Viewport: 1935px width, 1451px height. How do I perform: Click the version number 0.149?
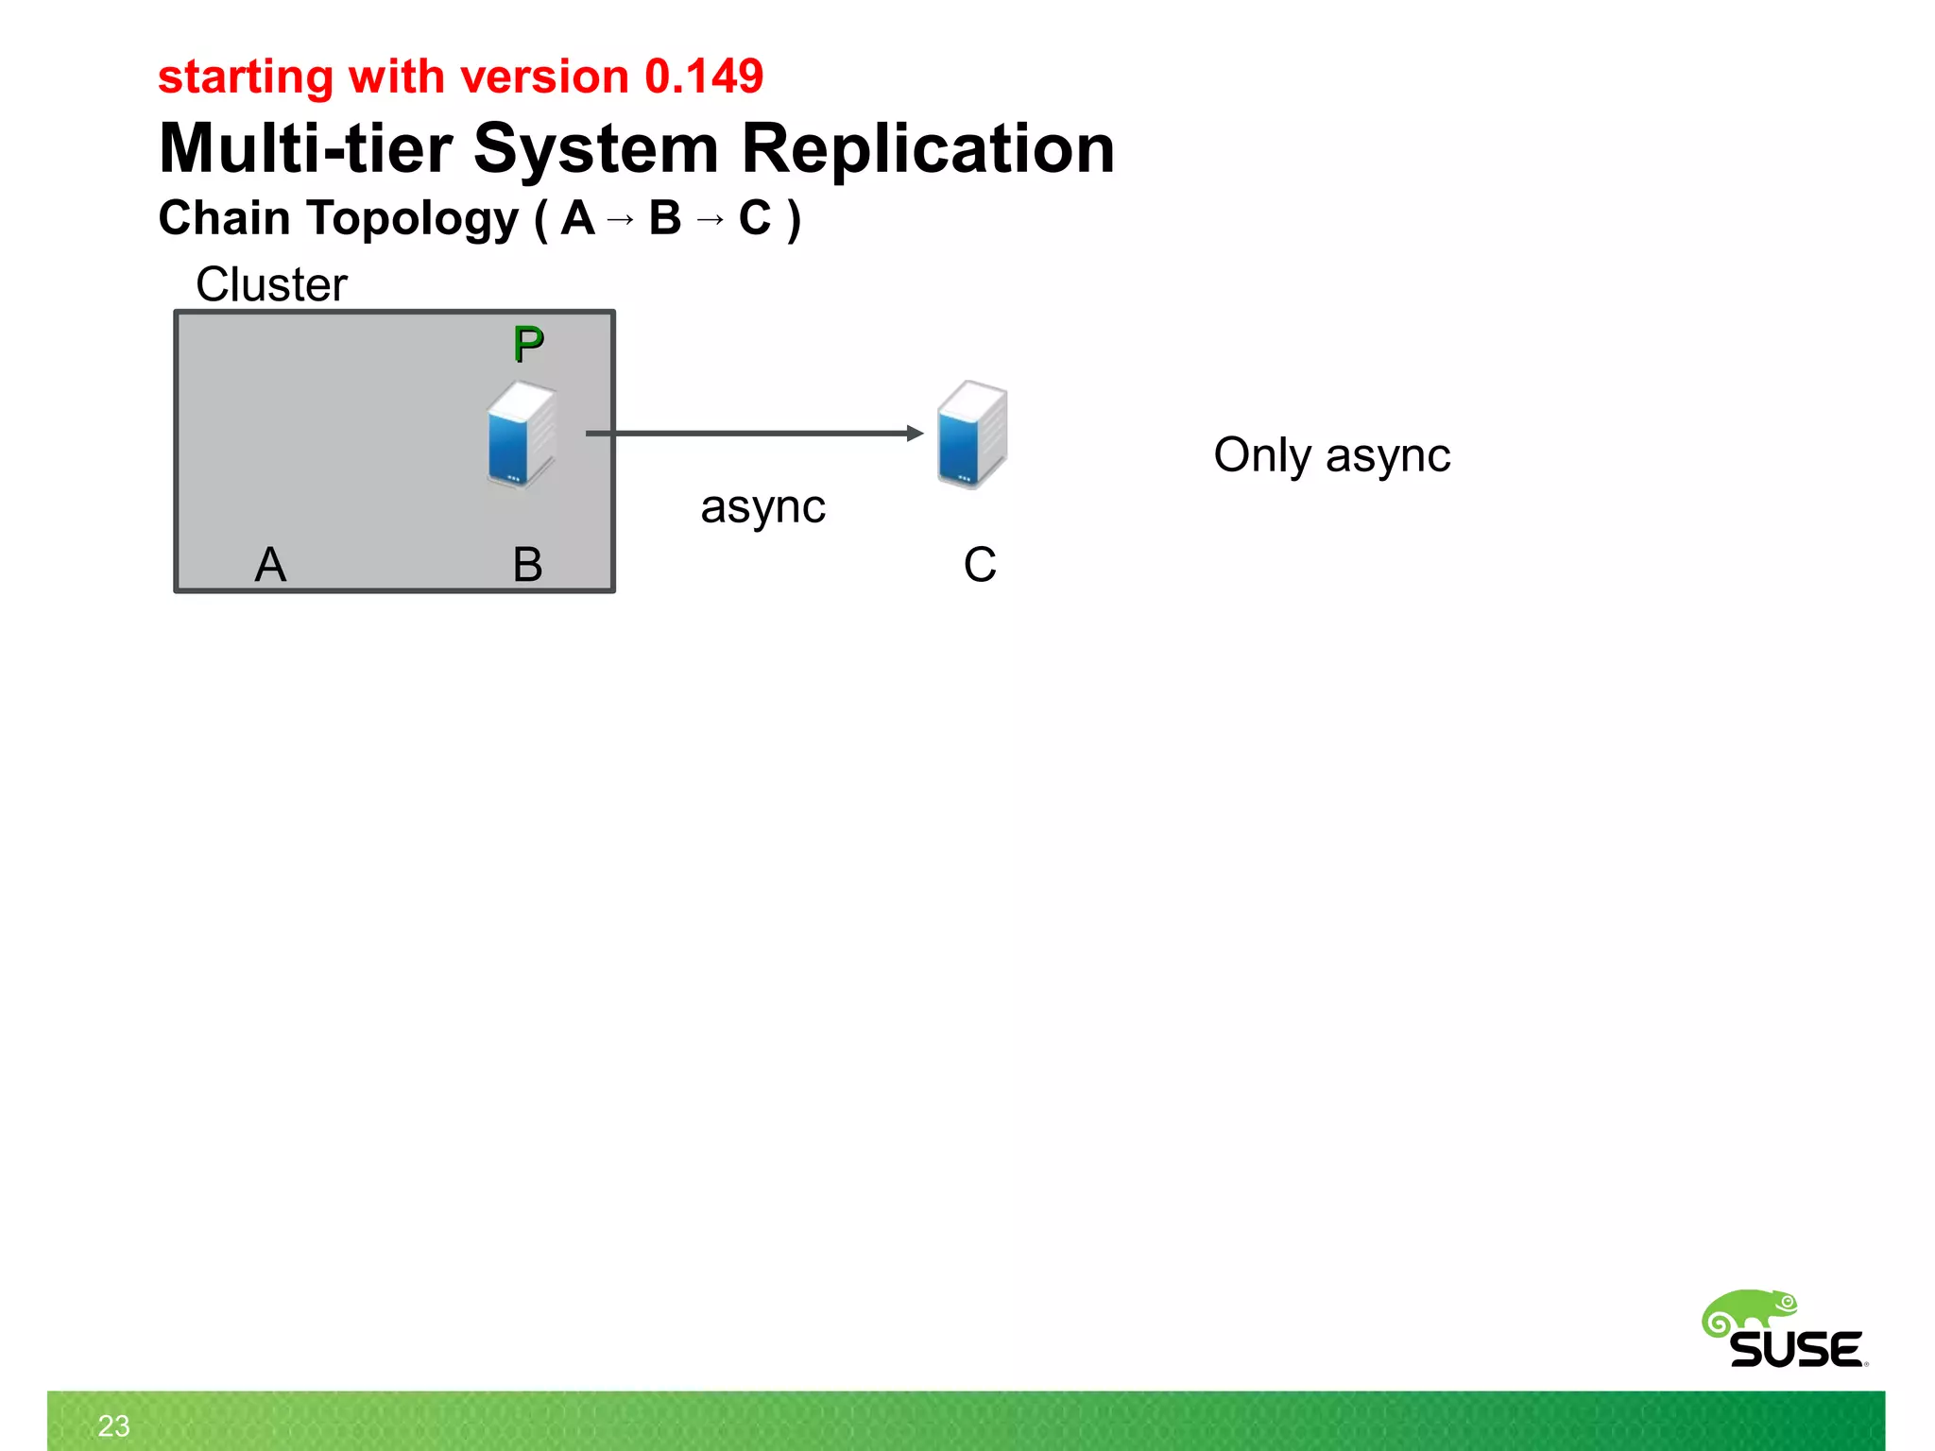(704, 77)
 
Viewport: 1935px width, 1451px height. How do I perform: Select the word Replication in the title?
(928, 149)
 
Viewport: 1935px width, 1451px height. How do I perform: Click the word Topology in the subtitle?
(412, 218)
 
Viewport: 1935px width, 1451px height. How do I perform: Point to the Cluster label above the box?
(271, 284)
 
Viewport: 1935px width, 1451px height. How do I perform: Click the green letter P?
(528, 344)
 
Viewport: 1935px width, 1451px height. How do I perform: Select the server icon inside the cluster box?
(521, 434)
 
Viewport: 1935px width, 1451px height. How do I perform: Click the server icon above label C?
(972, 434)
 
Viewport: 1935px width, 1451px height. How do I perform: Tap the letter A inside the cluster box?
(270, 565)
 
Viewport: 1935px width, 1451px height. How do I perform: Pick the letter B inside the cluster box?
(527, 565)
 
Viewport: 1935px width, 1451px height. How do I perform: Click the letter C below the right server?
(980, 565)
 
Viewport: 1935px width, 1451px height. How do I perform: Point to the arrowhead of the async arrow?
(915, 434)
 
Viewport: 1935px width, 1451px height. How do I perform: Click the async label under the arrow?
(762, 507)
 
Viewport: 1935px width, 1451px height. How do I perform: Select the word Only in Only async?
(1262, 455)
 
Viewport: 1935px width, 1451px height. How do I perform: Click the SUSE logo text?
(1796, 1349)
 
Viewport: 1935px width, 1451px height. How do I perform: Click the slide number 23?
(113, 1425)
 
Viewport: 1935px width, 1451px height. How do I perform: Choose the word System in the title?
(596, 149)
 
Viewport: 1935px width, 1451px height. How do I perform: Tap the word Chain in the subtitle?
(224, 218)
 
